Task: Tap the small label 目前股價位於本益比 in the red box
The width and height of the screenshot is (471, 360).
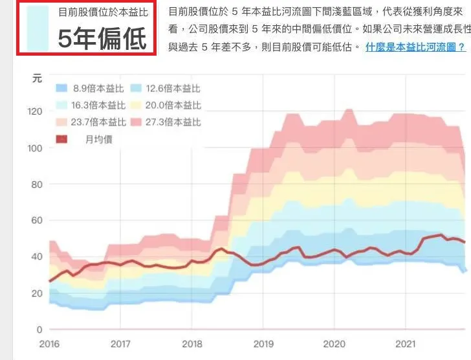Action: [x=103, y=12]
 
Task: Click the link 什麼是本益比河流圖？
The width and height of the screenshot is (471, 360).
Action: [x=415, y=47]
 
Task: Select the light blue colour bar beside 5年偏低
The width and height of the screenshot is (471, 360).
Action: [x=38, y=28]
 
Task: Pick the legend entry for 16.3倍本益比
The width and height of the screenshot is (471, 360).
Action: [x=90, y=106]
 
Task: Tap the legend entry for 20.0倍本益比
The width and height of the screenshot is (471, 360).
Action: [x=166, y=106]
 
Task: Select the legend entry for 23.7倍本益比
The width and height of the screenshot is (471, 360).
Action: [x=90, y=122]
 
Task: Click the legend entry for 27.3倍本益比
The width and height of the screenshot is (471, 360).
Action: [x=166, y=122]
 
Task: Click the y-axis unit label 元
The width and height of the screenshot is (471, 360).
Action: [x=37, y=78]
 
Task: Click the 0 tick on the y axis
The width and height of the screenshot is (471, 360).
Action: [x=39, y=330]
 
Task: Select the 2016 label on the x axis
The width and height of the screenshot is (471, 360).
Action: [x=49, y=344]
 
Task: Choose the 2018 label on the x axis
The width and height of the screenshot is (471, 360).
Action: [x=192, y=344]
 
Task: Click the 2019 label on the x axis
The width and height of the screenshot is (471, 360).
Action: [x=263, y=344]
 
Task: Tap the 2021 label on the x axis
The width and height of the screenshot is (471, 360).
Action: [x=405, y=344]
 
